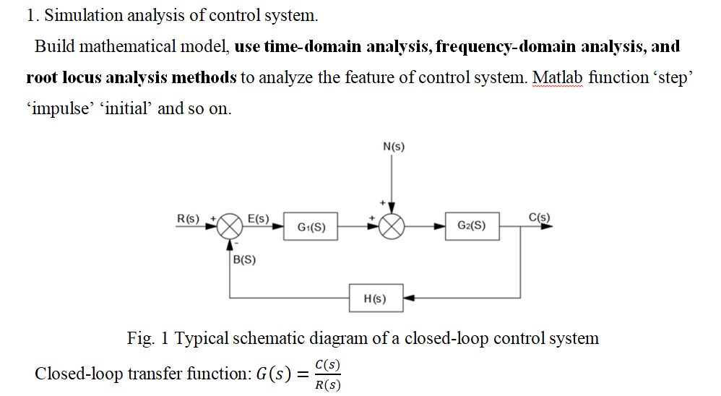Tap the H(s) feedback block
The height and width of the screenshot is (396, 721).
point(376,298)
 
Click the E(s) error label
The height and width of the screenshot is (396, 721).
point(258,218)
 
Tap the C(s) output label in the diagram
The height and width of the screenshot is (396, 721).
point(539,217)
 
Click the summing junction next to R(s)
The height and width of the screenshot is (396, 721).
point(230,226)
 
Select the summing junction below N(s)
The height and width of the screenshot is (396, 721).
point(392,226)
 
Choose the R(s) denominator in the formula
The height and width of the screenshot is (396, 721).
point(328,384)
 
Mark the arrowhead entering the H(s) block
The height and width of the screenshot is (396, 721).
point(408,298)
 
